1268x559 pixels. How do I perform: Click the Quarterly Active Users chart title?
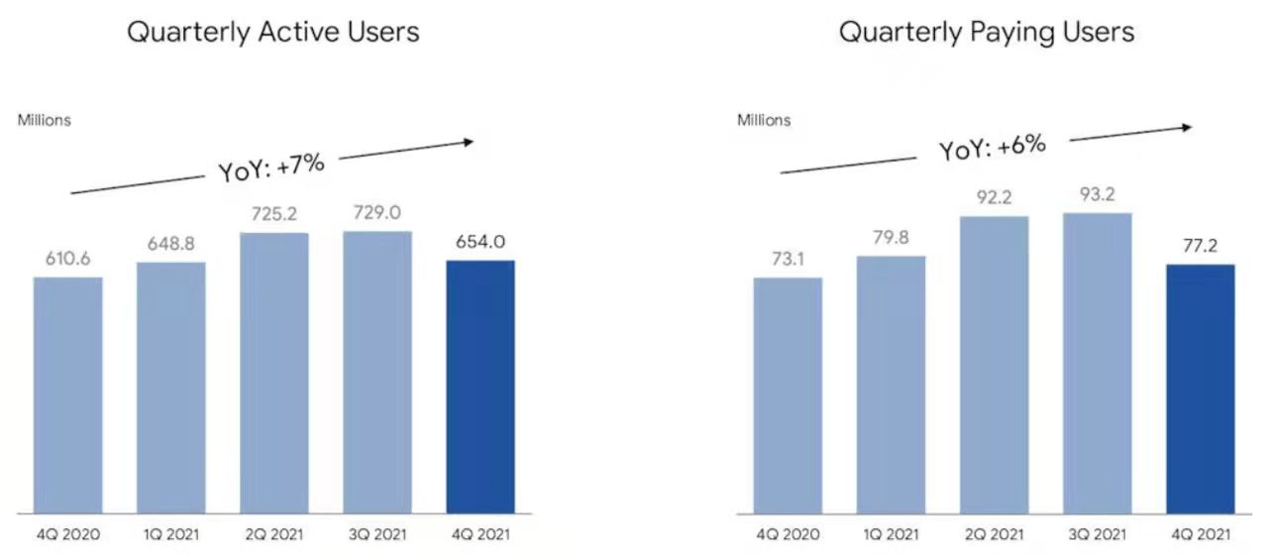click(272, 32)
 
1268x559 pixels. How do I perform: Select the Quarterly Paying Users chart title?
click(986, 32)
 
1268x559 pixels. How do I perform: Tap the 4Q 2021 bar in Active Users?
click(480, 387)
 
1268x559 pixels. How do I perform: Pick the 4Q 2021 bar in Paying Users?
click(1200, 389)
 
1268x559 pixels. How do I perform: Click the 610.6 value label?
click(68, 258)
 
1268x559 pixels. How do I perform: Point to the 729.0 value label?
click(377, 212)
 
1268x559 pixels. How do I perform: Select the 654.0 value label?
click(480, 241)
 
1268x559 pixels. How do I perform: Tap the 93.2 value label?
click(1097, 193)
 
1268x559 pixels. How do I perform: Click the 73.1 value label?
click(788, 258)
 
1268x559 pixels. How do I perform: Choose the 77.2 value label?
click(1200, 245)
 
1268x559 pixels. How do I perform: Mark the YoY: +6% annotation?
click(992, 148)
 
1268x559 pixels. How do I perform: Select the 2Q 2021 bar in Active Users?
click(274, 373)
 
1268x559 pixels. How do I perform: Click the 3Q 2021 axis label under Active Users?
click(377, 536)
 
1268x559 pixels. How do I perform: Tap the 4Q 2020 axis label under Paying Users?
click(788, 536)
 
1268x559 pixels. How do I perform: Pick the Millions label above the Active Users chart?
click(44, 121)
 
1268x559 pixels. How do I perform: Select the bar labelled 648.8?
click(171, 388)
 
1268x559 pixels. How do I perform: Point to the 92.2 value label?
click(994, 197)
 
